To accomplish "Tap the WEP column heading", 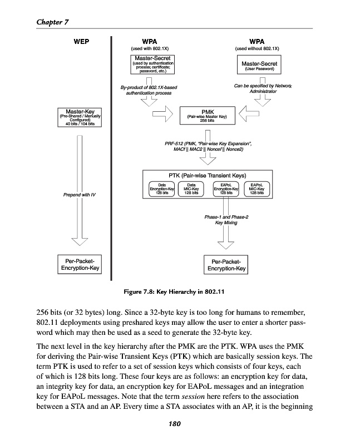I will click(x=81, y=41).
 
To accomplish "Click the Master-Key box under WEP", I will click(x=80, y=116).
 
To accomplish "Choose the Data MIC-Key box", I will click(x=191, y=189).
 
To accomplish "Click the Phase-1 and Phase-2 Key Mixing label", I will click(x=226, y=219).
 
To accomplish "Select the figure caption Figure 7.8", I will click(x=176, y=290).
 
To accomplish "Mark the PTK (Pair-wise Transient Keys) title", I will click(x=207, y=176).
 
